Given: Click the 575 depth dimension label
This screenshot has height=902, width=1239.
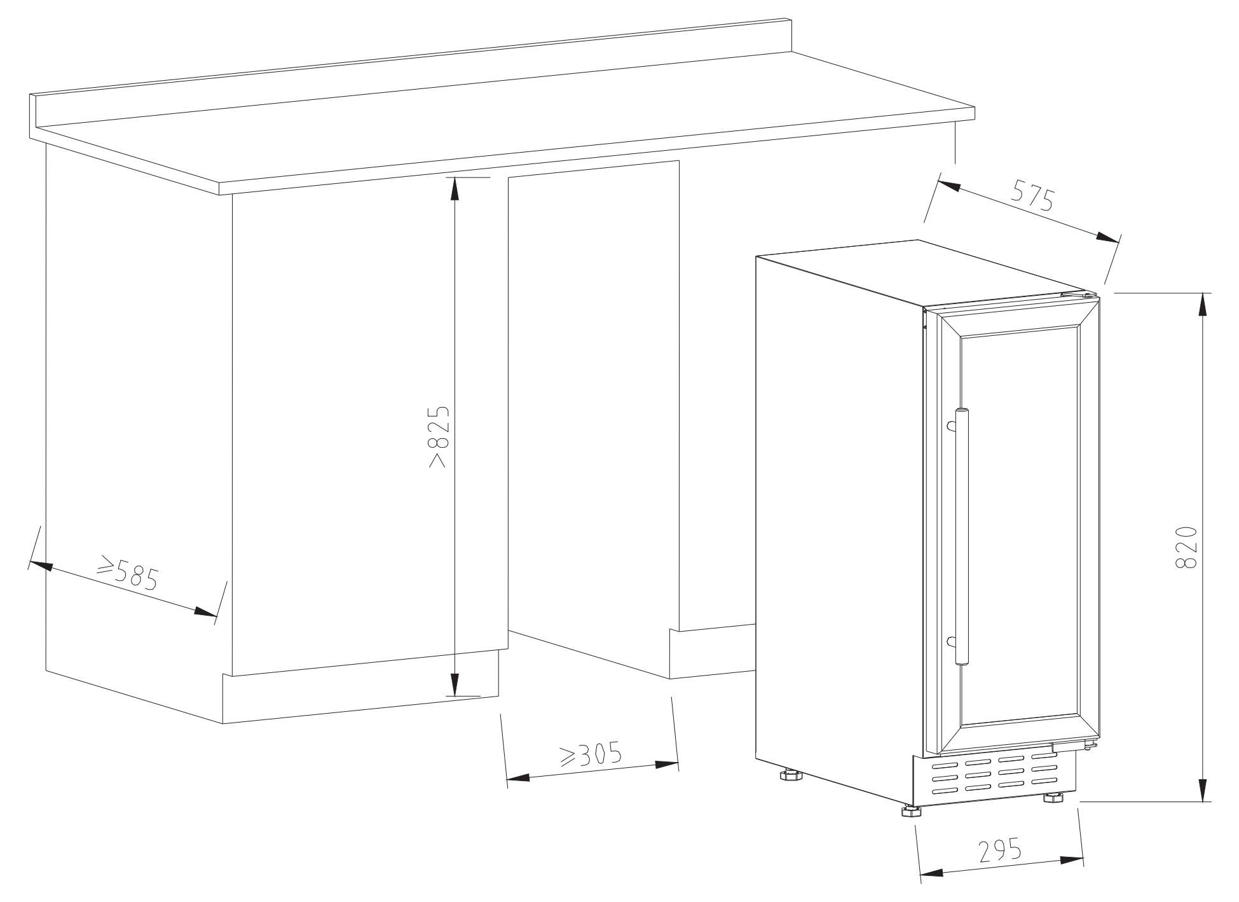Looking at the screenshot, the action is click(x=1033, y=195).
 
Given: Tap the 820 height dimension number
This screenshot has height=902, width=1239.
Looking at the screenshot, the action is click(x=1186, y=548).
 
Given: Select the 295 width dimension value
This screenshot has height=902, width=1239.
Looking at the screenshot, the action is click(x=1000, y=851).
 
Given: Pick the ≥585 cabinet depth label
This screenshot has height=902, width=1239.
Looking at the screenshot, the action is click(x=127, y=572).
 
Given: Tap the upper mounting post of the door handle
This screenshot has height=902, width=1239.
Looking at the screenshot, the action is click(x=951, y=426).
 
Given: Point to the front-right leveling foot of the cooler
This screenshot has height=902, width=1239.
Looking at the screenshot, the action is click(x=1054, y=797).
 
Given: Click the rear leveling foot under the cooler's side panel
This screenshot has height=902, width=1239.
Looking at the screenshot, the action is click(x=791, y=775).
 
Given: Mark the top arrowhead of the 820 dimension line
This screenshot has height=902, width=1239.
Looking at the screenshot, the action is click(x=1202, y=303).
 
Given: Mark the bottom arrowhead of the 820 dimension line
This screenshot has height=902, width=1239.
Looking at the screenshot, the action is click(x=1202, y=791).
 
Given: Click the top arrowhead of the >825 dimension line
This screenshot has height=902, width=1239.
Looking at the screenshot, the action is click(x=454, y=189).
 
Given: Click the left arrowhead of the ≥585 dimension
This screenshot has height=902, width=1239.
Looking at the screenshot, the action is click(x=41, y=565).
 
